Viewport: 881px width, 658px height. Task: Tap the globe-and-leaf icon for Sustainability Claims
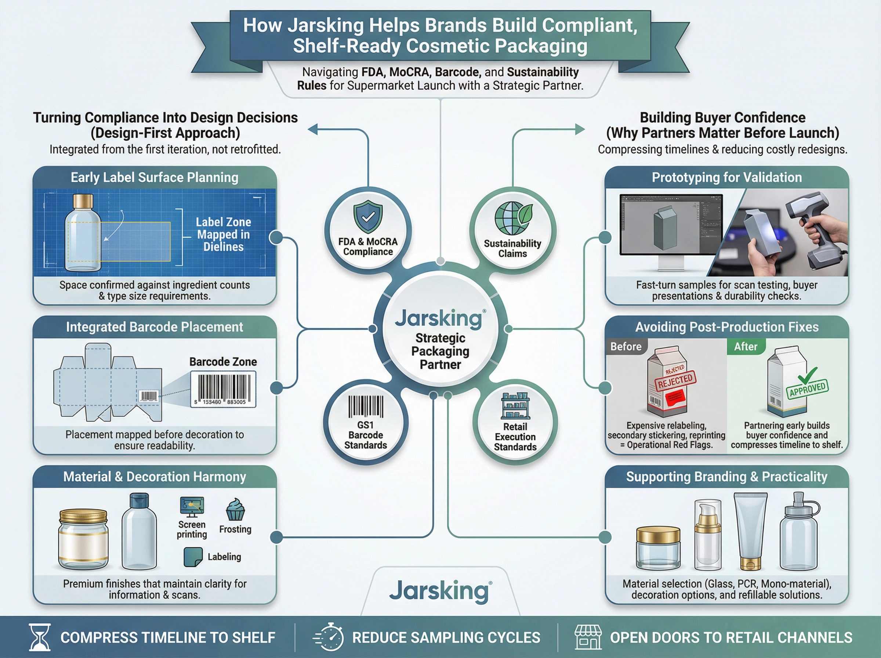(x=513, y=218)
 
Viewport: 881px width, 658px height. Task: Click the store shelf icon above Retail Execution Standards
(x=515, y=406)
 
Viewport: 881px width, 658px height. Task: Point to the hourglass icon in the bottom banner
(x=40, y=637)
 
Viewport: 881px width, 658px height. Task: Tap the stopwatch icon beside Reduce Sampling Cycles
(x=329, y=637)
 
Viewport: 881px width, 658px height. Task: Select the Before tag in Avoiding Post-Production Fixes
(x=626, y=347)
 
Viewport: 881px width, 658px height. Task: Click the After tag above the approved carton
(x=745, y=347)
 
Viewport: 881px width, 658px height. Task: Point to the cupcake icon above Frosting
(x=235, y=509)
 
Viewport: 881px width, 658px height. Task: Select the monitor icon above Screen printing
(x=192, y=507)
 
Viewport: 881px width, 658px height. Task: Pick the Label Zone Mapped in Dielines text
(x=223, y=234)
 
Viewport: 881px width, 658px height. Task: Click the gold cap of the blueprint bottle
(x=83, y=201)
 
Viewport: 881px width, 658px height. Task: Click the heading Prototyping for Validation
(x=726, y=177)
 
